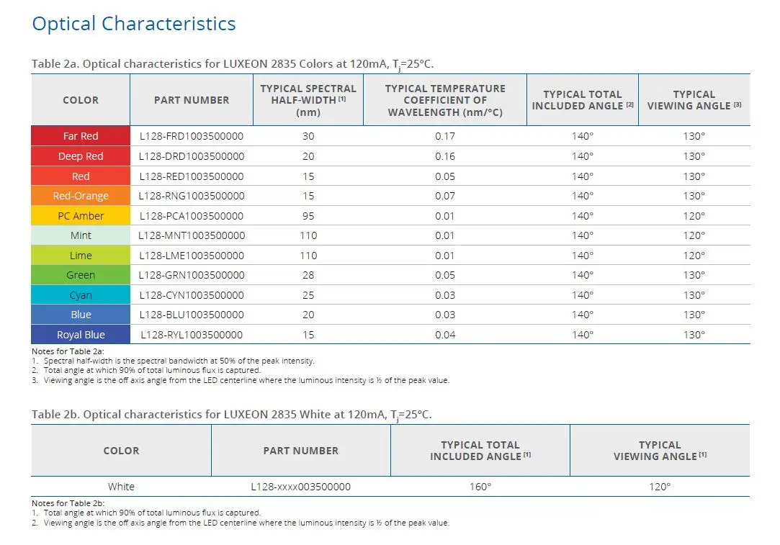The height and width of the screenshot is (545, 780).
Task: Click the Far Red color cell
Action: (81, 136)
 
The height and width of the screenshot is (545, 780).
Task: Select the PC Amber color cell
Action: (81, 216)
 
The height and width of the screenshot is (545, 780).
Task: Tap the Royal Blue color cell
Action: (81, 335)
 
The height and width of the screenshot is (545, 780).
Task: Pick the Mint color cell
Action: (81, 235)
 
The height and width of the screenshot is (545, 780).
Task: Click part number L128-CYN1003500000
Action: (192, 295)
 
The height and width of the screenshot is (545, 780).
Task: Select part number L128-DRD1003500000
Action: (192, 156)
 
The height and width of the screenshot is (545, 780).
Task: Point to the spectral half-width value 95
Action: (308, 216)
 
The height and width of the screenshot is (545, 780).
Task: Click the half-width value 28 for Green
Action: (308, 275)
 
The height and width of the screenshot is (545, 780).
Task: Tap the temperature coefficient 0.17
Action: (444, 136)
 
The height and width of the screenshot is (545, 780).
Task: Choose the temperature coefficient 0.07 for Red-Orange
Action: (444, 196)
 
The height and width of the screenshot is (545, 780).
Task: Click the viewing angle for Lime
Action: (694, 255)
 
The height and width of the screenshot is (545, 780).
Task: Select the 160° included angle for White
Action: (480, 486)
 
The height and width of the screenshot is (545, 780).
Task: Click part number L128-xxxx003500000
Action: (300, 486)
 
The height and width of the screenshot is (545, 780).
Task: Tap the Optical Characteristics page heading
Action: (134, 23)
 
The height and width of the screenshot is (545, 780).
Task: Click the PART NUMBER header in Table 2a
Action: (192, 100)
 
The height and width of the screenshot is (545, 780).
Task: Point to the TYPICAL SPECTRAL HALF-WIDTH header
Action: (308, 100)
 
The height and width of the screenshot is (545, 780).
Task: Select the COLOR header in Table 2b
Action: (121, 451)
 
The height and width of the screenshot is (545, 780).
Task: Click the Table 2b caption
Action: (231, 415)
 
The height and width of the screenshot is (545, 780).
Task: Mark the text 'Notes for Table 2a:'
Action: (68, 351)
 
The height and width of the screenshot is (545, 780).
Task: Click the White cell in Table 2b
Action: (121, 486)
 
